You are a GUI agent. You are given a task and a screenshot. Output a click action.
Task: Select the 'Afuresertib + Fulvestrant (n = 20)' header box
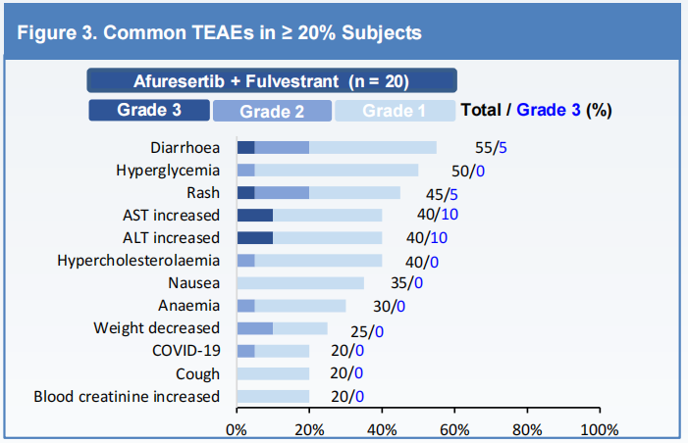(x=271, y=80)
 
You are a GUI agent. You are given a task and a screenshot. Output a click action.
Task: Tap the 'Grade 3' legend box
(x=148, y=110)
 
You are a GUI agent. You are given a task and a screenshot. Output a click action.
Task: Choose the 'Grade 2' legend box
(x=272, y=111)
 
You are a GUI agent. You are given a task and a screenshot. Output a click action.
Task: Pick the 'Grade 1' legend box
(x=395, y=111)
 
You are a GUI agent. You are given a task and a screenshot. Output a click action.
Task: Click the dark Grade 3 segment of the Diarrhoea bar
(x=245, y=147)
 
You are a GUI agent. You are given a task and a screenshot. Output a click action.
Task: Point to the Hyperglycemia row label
(x=167, y=170)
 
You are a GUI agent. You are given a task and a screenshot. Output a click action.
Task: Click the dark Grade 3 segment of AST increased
(x=254, y=215)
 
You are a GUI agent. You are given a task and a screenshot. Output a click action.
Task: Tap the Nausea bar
(x=300, y=282)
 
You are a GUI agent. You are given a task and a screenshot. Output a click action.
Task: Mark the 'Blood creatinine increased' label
(x=127, y=396)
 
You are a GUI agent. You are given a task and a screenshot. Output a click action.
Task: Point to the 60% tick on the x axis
(x=454, y=429)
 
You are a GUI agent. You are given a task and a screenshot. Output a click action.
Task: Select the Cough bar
(x=273, y=373)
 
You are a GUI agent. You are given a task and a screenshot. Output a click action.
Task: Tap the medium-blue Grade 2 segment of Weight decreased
(x=254, y=327)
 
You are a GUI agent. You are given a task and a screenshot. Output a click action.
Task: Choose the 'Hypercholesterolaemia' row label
(x=138, y=260)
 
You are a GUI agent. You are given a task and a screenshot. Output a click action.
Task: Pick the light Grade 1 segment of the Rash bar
(x=354, y=192)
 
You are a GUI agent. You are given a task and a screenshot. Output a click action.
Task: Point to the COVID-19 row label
(x=185, y=350)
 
